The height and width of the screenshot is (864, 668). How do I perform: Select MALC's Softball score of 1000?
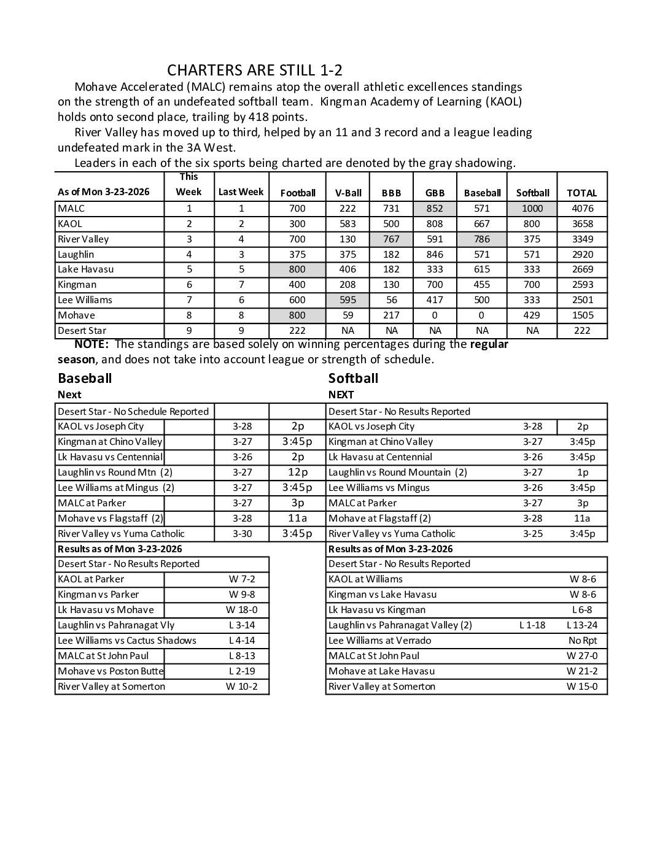532,209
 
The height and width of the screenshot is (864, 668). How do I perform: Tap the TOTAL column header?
581,193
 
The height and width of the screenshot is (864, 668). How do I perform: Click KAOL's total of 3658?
581,224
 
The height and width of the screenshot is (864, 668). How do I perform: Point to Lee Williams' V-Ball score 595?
348,300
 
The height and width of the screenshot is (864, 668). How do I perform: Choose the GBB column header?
435,193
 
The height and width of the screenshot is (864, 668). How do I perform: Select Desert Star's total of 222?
581,331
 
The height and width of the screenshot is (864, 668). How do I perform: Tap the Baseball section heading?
85,378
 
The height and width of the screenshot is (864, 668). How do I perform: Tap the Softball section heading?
353,378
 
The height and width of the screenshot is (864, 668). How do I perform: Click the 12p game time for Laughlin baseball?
297,472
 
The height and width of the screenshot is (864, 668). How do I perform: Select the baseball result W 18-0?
241,610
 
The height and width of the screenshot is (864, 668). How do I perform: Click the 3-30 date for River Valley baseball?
242,534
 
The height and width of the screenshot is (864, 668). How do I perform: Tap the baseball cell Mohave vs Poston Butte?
111,671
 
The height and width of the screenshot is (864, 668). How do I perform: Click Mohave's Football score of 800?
297,315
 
